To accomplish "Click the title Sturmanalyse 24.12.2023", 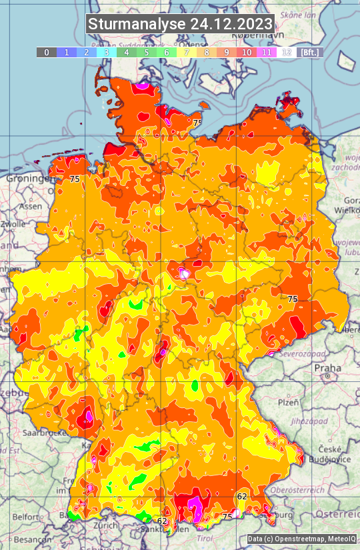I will (x=180, y=24).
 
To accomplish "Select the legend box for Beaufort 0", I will (x=46, y=52).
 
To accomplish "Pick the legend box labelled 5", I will (x=146, y=52).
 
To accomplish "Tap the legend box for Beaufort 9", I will (x=226, y=52).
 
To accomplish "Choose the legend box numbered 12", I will (x=286, y=52).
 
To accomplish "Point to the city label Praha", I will (x=327, y=368).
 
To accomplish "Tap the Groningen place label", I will (x=27, y=179).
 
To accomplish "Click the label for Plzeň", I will (x=288, y=402).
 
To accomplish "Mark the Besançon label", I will (x=30, y=539).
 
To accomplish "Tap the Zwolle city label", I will (x=13, y=224).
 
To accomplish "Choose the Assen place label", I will (x=29, y=207).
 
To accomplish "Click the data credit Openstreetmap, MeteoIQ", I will (x=301, y=539).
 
